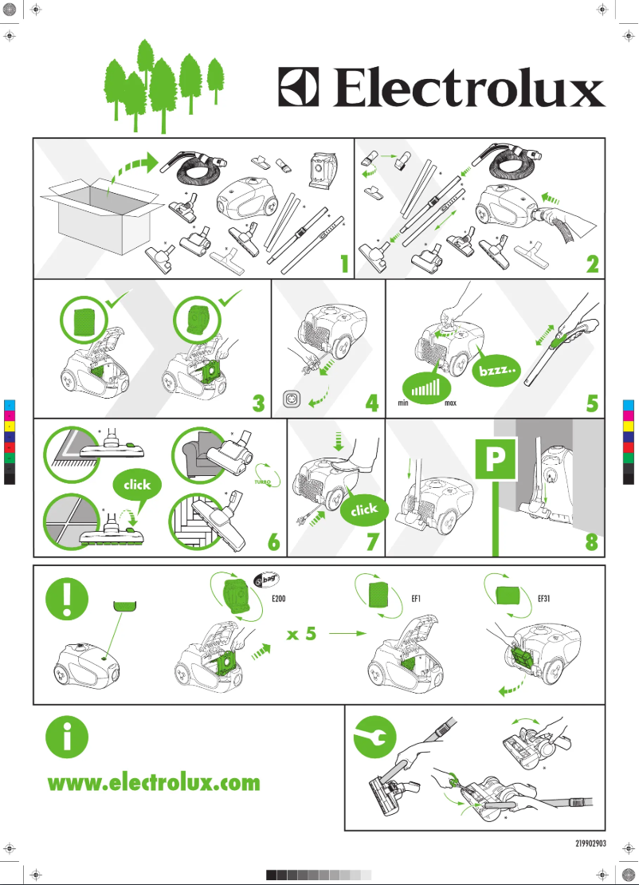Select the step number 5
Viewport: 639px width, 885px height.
591,403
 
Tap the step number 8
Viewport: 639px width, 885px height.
591,542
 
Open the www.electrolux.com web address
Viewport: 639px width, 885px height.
154,783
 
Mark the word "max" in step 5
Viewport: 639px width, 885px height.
450,403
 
